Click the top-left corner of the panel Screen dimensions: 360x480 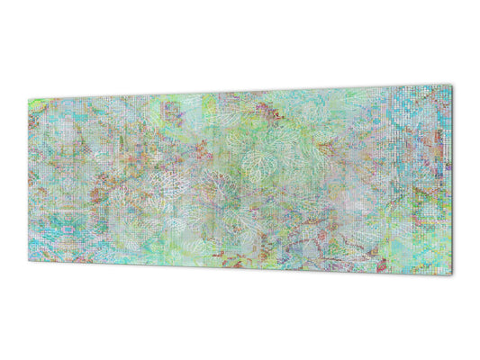pos(28,100)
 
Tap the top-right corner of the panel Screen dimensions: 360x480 pos(451,85)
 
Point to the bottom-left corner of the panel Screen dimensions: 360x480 pos(28,261)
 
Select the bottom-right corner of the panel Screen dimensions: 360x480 pos(452,274)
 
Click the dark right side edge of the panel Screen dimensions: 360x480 pos(452,180)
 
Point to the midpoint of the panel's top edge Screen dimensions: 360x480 pos(240,93)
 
